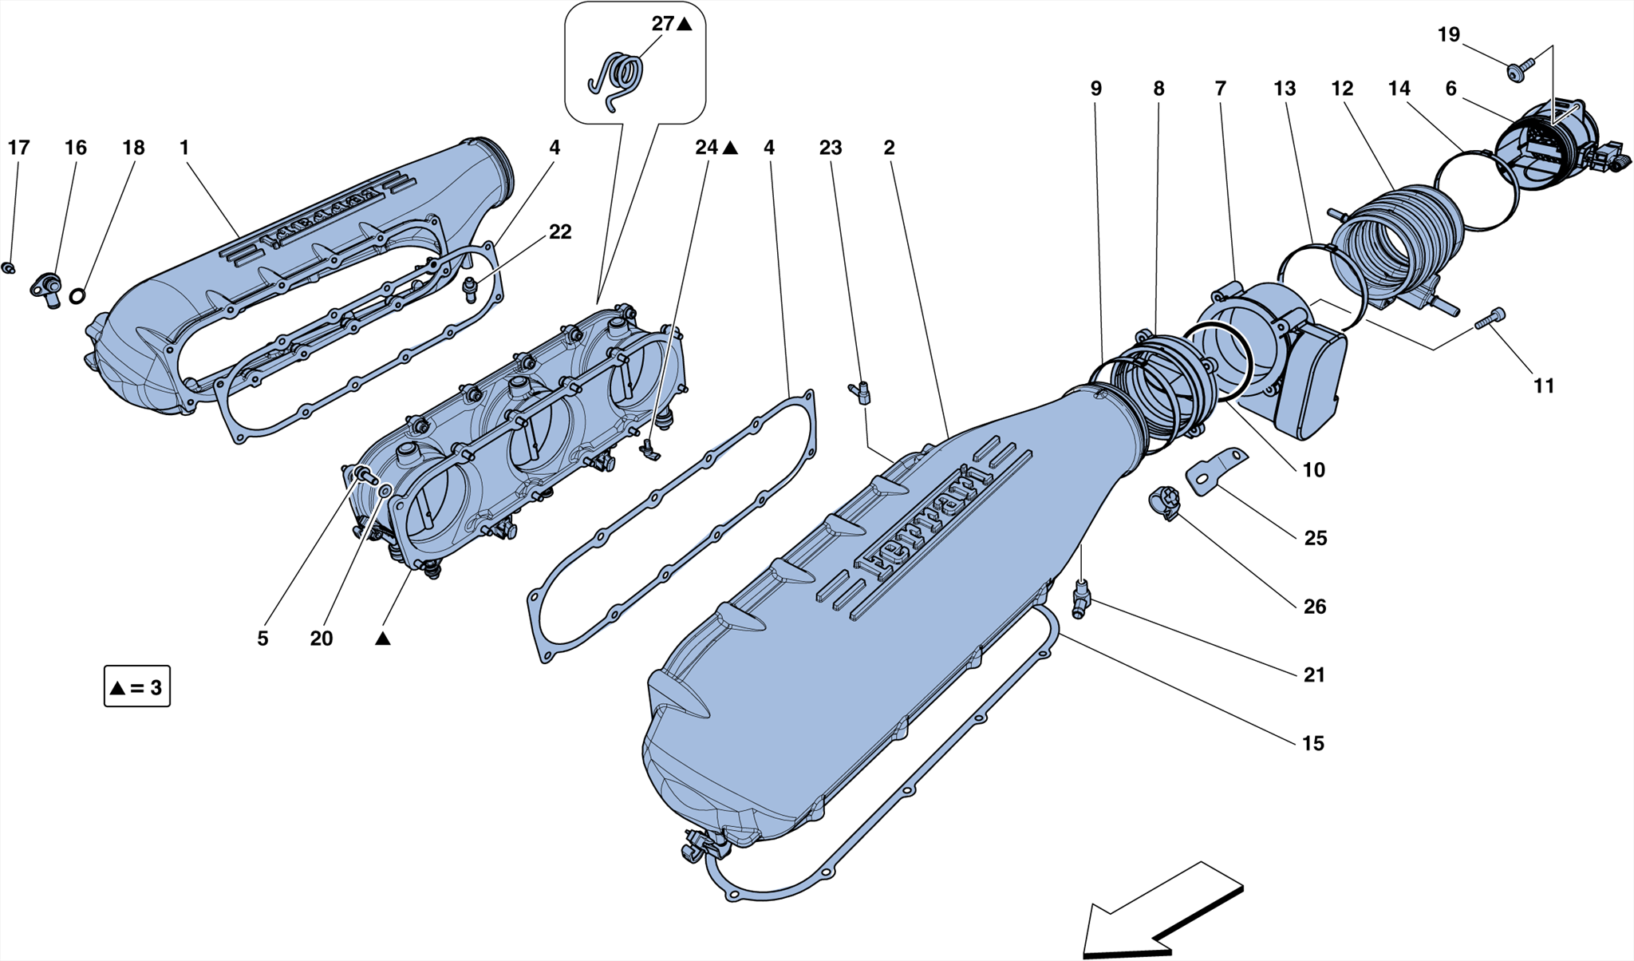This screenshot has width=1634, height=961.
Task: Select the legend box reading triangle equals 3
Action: tap(136, 687)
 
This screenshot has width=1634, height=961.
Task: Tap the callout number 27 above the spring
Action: tap(663, 24)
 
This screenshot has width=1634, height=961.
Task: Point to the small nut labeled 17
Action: tap(9, 267)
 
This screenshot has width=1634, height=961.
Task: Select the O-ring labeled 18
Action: tap(77, 296)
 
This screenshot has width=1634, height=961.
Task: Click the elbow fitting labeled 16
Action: tap(46, 289)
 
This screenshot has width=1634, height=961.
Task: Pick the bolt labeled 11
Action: tap(1490, 318)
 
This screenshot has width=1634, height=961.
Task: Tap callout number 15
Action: tap(1312, 743)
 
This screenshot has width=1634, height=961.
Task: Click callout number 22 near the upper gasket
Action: tap(560, 231)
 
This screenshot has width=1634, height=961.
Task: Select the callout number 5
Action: tap(262, 639)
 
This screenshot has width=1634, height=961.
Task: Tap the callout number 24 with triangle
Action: tap(707, 148)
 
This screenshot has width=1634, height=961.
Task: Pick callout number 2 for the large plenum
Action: tap(889, 148)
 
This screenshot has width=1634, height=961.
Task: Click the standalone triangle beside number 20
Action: tap(383, 639)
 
